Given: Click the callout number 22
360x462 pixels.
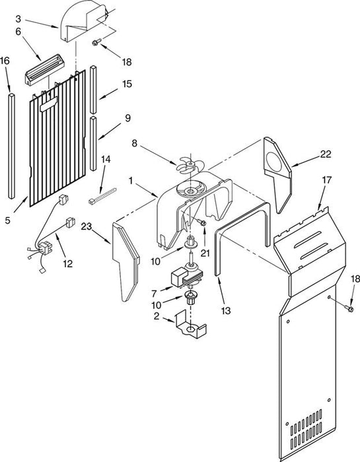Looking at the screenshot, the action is pyautogui.click(x=326, y=154).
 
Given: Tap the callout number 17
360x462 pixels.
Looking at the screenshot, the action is pyautogui.click(x=327, y=180).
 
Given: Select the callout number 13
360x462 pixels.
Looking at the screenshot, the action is pyautogui.click(x=225, y=311).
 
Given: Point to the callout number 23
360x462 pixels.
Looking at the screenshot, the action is pyautogui.click(x=87, y=226).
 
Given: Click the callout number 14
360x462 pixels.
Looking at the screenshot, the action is pyautogui.click(x=106, y=160).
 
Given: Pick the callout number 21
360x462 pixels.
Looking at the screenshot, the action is pyautogui.click(x=205, y=253).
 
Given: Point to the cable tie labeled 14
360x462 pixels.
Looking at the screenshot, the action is pyautogui.click(x=102, y=197).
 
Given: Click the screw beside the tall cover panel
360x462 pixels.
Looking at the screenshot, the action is pyautogui.click(x=349, y=308).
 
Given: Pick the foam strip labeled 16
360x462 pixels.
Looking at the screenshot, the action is pyautogui.click(x=11, y=146).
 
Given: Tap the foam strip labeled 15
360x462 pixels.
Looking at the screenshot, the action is pyautogui.click(x=93, y=90).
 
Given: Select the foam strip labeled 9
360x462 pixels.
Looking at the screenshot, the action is pyautogui.click(x=93, y=143).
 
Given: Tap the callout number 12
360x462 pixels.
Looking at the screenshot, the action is pyautogui.click(x=68, y=263).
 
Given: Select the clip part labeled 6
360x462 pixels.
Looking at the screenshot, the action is pyautogui.click(x=45, y=69).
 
